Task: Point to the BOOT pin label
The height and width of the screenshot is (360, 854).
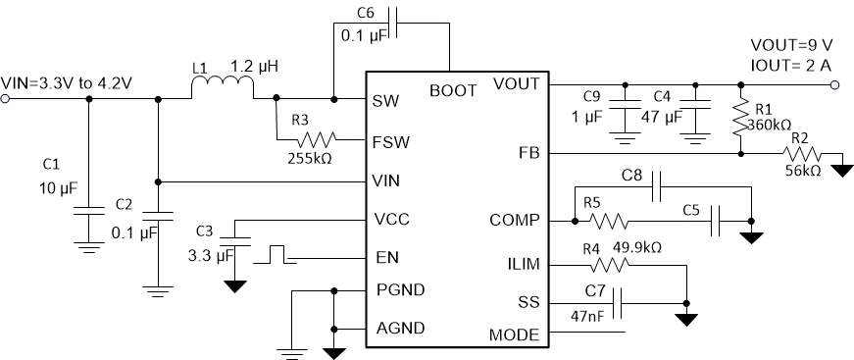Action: pyautogui.click(x=453, y=90)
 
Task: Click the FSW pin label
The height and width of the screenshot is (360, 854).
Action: pyautogui.click(x=391, y=141)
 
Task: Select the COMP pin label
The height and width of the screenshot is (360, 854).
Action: pyautogui.click(x=514, y=220)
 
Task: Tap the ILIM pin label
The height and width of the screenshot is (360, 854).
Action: pyautogui.click(x=519, y=264)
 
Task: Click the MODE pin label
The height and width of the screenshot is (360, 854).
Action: pyautogui.click(x=514, y=334)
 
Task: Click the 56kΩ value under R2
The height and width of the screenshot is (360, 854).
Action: pyautogui.click(x=802, y=171)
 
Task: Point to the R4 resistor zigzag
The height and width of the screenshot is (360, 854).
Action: pyautogui.click(x=612, y=265)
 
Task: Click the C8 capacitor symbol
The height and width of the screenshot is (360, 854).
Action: pyautogui.click(x=656, y=181)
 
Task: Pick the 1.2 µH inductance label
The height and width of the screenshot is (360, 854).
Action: pyautogui.click(x=260, y=67)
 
